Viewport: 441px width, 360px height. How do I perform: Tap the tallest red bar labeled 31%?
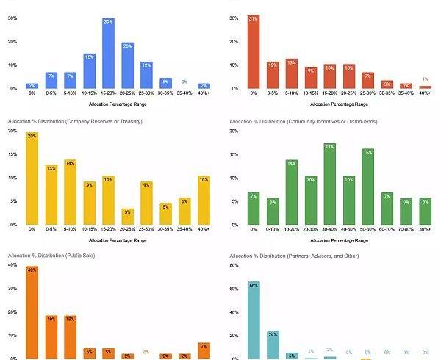point(253,51)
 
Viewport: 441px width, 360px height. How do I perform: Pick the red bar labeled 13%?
point(292,73)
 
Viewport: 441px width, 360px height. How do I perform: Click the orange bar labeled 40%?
point(32,312)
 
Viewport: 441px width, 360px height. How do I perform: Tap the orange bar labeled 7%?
point(204,350)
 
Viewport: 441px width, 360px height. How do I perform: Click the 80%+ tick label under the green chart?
point(426,230)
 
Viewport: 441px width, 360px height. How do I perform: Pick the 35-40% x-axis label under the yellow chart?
point(184,230)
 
